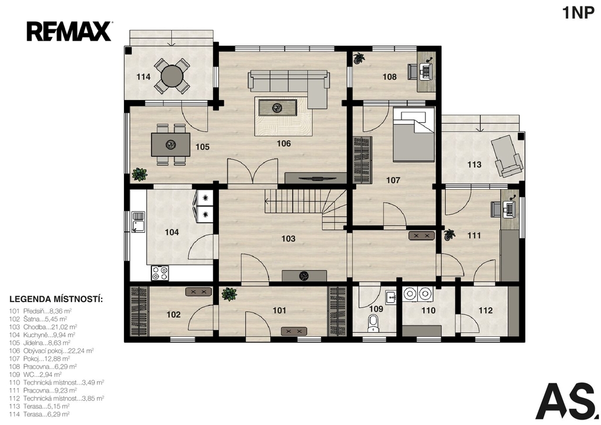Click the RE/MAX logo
tap(69, 32)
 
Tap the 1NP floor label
tap(578, 13)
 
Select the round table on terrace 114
tap(172, 76)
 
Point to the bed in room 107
tap(414, 135)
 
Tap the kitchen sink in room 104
tap(137, 222)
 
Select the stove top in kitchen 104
tap(160, 273)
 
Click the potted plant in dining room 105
tap(140, 175)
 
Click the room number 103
tap(288, 239)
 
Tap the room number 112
tap(485, 310)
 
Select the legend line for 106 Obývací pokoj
tap(52, 351)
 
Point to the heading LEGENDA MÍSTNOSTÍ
tap(56, 299)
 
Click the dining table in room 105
tap(171, 145)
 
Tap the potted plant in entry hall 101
tap(229, 295)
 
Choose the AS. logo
tap(567, 401)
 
